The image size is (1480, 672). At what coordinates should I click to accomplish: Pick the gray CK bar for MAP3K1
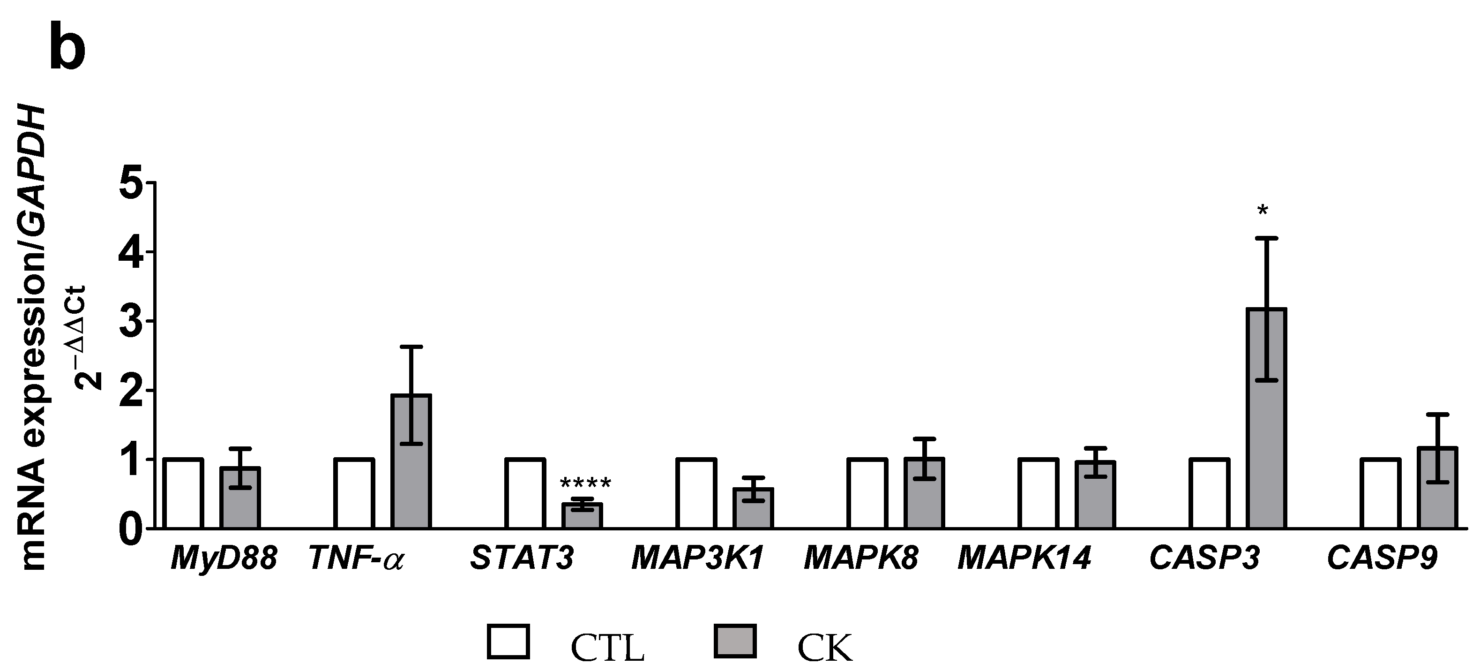click(x=753, y=508)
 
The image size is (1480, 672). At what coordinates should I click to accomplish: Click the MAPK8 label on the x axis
click(x=860, y=558)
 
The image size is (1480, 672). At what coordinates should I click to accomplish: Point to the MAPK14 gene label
click(x=1024, y=558)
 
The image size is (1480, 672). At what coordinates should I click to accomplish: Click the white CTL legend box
click(x=508, y=641)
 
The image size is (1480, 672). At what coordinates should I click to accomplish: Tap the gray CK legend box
click(x=735, y=641)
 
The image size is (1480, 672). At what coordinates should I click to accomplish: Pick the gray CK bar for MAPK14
click(x=1096, y=494)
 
